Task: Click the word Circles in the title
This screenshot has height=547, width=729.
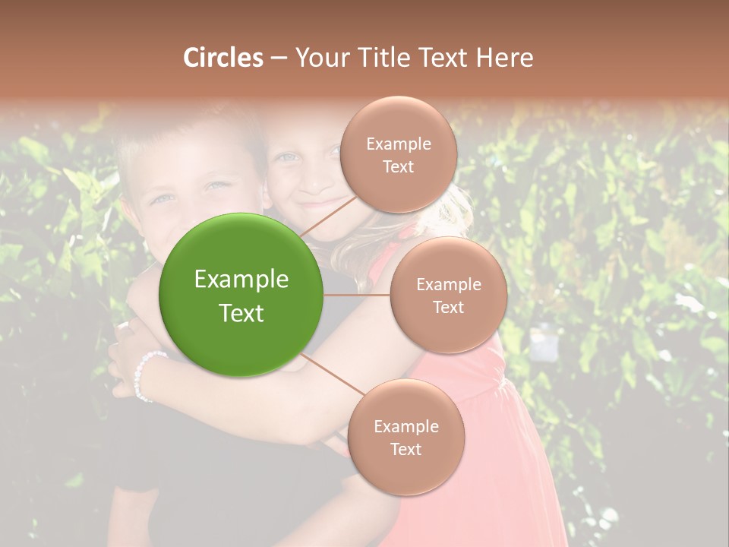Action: pyautogui.click(x=222, y=58)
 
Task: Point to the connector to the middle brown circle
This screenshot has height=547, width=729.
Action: pyautogui.click(x=357, y=295)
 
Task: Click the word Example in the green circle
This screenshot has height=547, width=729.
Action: pyautogui.click(x=241, y=280)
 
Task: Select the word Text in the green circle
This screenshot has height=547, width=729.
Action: pyautogui.click(x=241, y=313)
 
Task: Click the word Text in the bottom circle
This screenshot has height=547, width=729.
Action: pyautogui.click(x=406, y=449)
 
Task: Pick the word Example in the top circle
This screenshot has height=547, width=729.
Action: pyautogui.click(x=399, y=144)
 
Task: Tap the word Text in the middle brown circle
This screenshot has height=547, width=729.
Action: pyautogui.click(x=449, y=307)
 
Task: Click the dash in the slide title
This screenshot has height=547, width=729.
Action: pyautogui.click(x=279, y=58)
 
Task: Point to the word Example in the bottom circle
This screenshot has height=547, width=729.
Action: pyautogui.click(x=406, y=426)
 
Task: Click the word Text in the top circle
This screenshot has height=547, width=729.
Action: pyautogui.click(x=399, y=166)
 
